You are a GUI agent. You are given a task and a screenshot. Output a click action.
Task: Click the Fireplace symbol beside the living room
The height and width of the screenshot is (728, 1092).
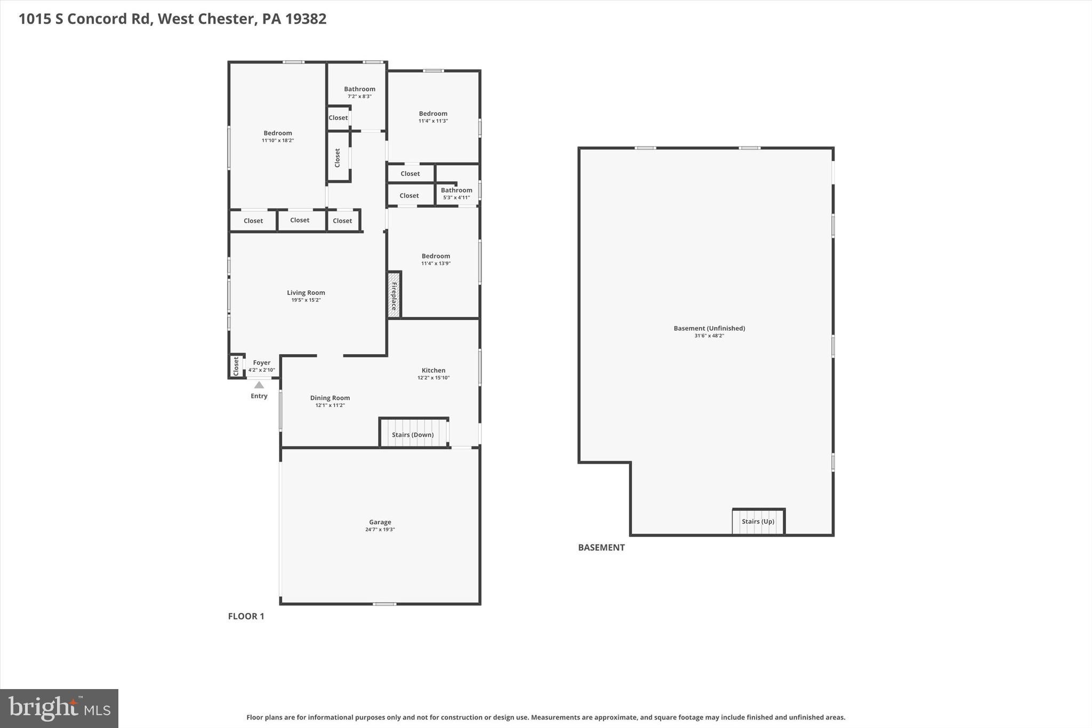pos(394,295)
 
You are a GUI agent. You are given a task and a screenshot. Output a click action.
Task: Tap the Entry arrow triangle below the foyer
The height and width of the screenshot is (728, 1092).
pos(259,385)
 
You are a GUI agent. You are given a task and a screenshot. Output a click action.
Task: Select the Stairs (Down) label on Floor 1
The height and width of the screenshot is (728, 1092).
pos(413,435)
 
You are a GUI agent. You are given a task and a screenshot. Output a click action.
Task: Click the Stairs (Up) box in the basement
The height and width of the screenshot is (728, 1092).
pos(758,522)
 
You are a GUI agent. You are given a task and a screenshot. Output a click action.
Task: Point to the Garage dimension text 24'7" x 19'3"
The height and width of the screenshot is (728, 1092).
pos(380,530)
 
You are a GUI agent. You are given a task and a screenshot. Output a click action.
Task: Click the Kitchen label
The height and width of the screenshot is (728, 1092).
pos(433,370)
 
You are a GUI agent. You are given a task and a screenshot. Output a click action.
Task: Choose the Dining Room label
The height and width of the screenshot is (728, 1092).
pos(330,398)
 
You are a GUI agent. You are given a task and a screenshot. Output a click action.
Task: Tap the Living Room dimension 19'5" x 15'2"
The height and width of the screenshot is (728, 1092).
pos(306,300)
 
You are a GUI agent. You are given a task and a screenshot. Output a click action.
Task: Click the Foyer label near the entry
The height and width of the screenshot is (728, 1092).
pos(261,363)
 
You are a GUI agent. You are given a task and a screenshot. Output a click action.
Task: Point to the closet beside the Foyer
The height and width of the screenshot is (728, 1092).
pos(236,366)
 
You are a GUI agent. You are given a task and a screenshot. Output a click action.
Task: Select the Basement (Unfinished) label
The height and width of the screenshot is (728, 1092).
pos(709,329)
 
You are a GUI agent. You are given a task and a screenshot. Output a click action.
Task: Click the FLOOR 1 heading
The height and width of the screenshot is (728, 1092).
pos(246,617)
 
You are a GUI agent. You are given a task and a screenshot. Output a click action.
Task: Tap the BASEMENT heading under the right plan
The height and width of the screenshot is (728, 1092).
pos(601,548)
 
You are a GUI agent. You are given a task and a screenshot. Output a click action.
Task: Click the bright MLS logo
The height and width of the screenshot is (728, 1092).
pos(59,708)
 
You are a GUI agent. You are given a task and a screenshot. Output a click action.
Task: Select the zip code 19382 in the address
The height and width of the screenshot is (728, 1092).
pos(306,19)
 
